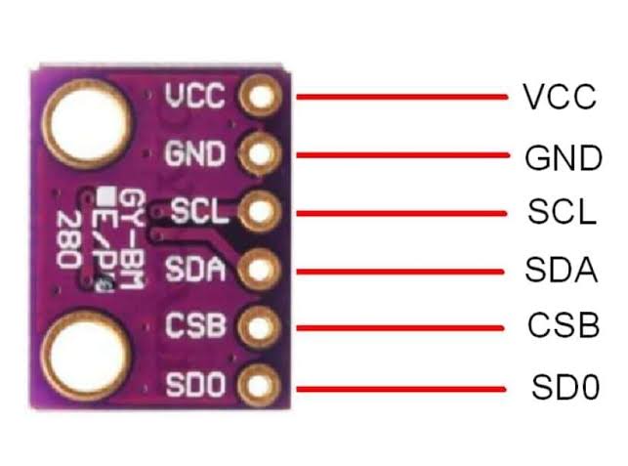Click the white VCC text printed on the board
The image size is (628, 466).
pos(195,96)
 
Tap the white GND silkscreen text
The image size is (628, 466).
pos(195,153)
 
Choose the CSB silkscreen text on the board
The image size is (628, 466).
pos(196,323)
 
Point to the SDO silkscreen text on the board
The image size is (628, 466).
pos(196,385)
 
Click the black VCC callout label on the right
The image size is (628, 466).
pos(560,98)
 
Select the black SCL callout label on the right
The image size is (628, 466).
pos(560,213)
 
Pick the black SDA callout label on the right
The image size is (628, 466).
pos(561,270)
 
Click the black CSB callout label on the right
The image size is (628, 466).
pos(562,325)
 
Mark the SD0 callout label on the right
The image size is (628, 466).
pos(563,387)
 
